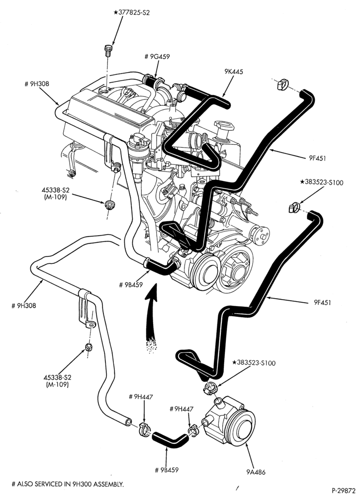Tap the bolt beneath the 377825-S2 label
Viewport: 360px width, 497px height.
(x=107, y=50)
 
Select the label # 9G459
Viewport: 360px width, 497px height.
(x=157, y=57)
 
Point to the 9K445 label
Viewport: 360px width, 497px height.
(x=233, y=72)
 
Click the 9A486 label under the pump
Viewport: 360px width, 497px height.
(x=256, y=472)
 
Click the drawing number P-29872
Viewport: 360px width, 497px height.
(x=344, y=491)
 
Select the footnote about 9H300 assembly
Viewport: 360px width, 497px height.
(x=68, y=484)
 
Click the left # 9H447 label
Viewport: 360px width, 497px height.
(x=141, y=397)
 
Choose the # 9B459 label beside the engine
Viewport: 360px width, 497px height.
(x=131, y=284)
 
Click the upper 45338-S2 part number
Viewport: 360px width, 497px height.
(x=55, y=190)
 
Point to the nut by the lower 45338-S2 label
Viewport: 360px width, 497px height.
(x=89, y=347)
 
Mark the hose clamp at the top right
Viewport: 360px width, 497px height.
(x=281, y=83)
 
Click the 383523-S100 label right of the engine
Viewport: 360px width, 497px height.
(x=321, y=182)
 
